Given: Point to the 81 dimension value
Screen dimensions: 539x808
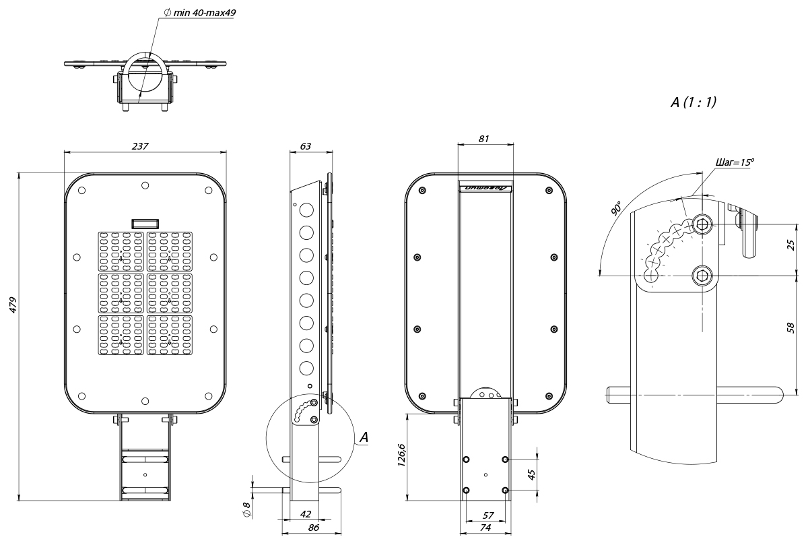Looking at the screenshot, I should click(484, 138).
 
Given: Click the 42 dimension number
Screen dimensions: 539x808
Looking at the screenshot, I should click(306, 515).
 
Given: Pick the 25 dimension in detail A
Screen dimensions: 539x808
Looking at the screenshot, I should click(791, 244).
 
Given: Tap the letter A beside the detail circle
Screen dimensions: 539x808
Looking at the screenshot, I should click(364, 438).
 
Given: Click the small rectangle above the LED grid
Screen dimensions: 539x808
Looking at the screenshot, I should click(145, 222).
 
